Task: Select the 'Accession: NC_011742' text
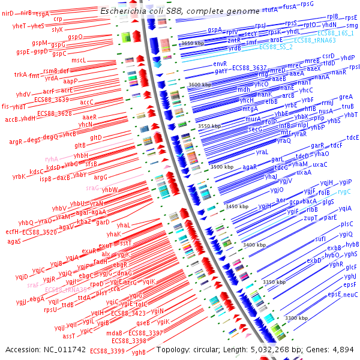(46, 349)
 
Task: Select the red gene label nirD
(7, 13)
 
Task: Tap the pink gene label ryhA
(52, 159)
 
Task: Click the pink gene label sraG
(92, 187)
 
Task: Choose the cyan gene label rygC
(344, 191)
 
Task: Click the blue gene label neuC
(350, 295)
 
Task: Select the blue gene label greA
(346, 97)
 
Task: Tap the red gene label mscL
(79, 60)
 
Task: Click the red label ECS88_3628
(55, 113)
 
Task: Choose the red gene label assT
(69, 336)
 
